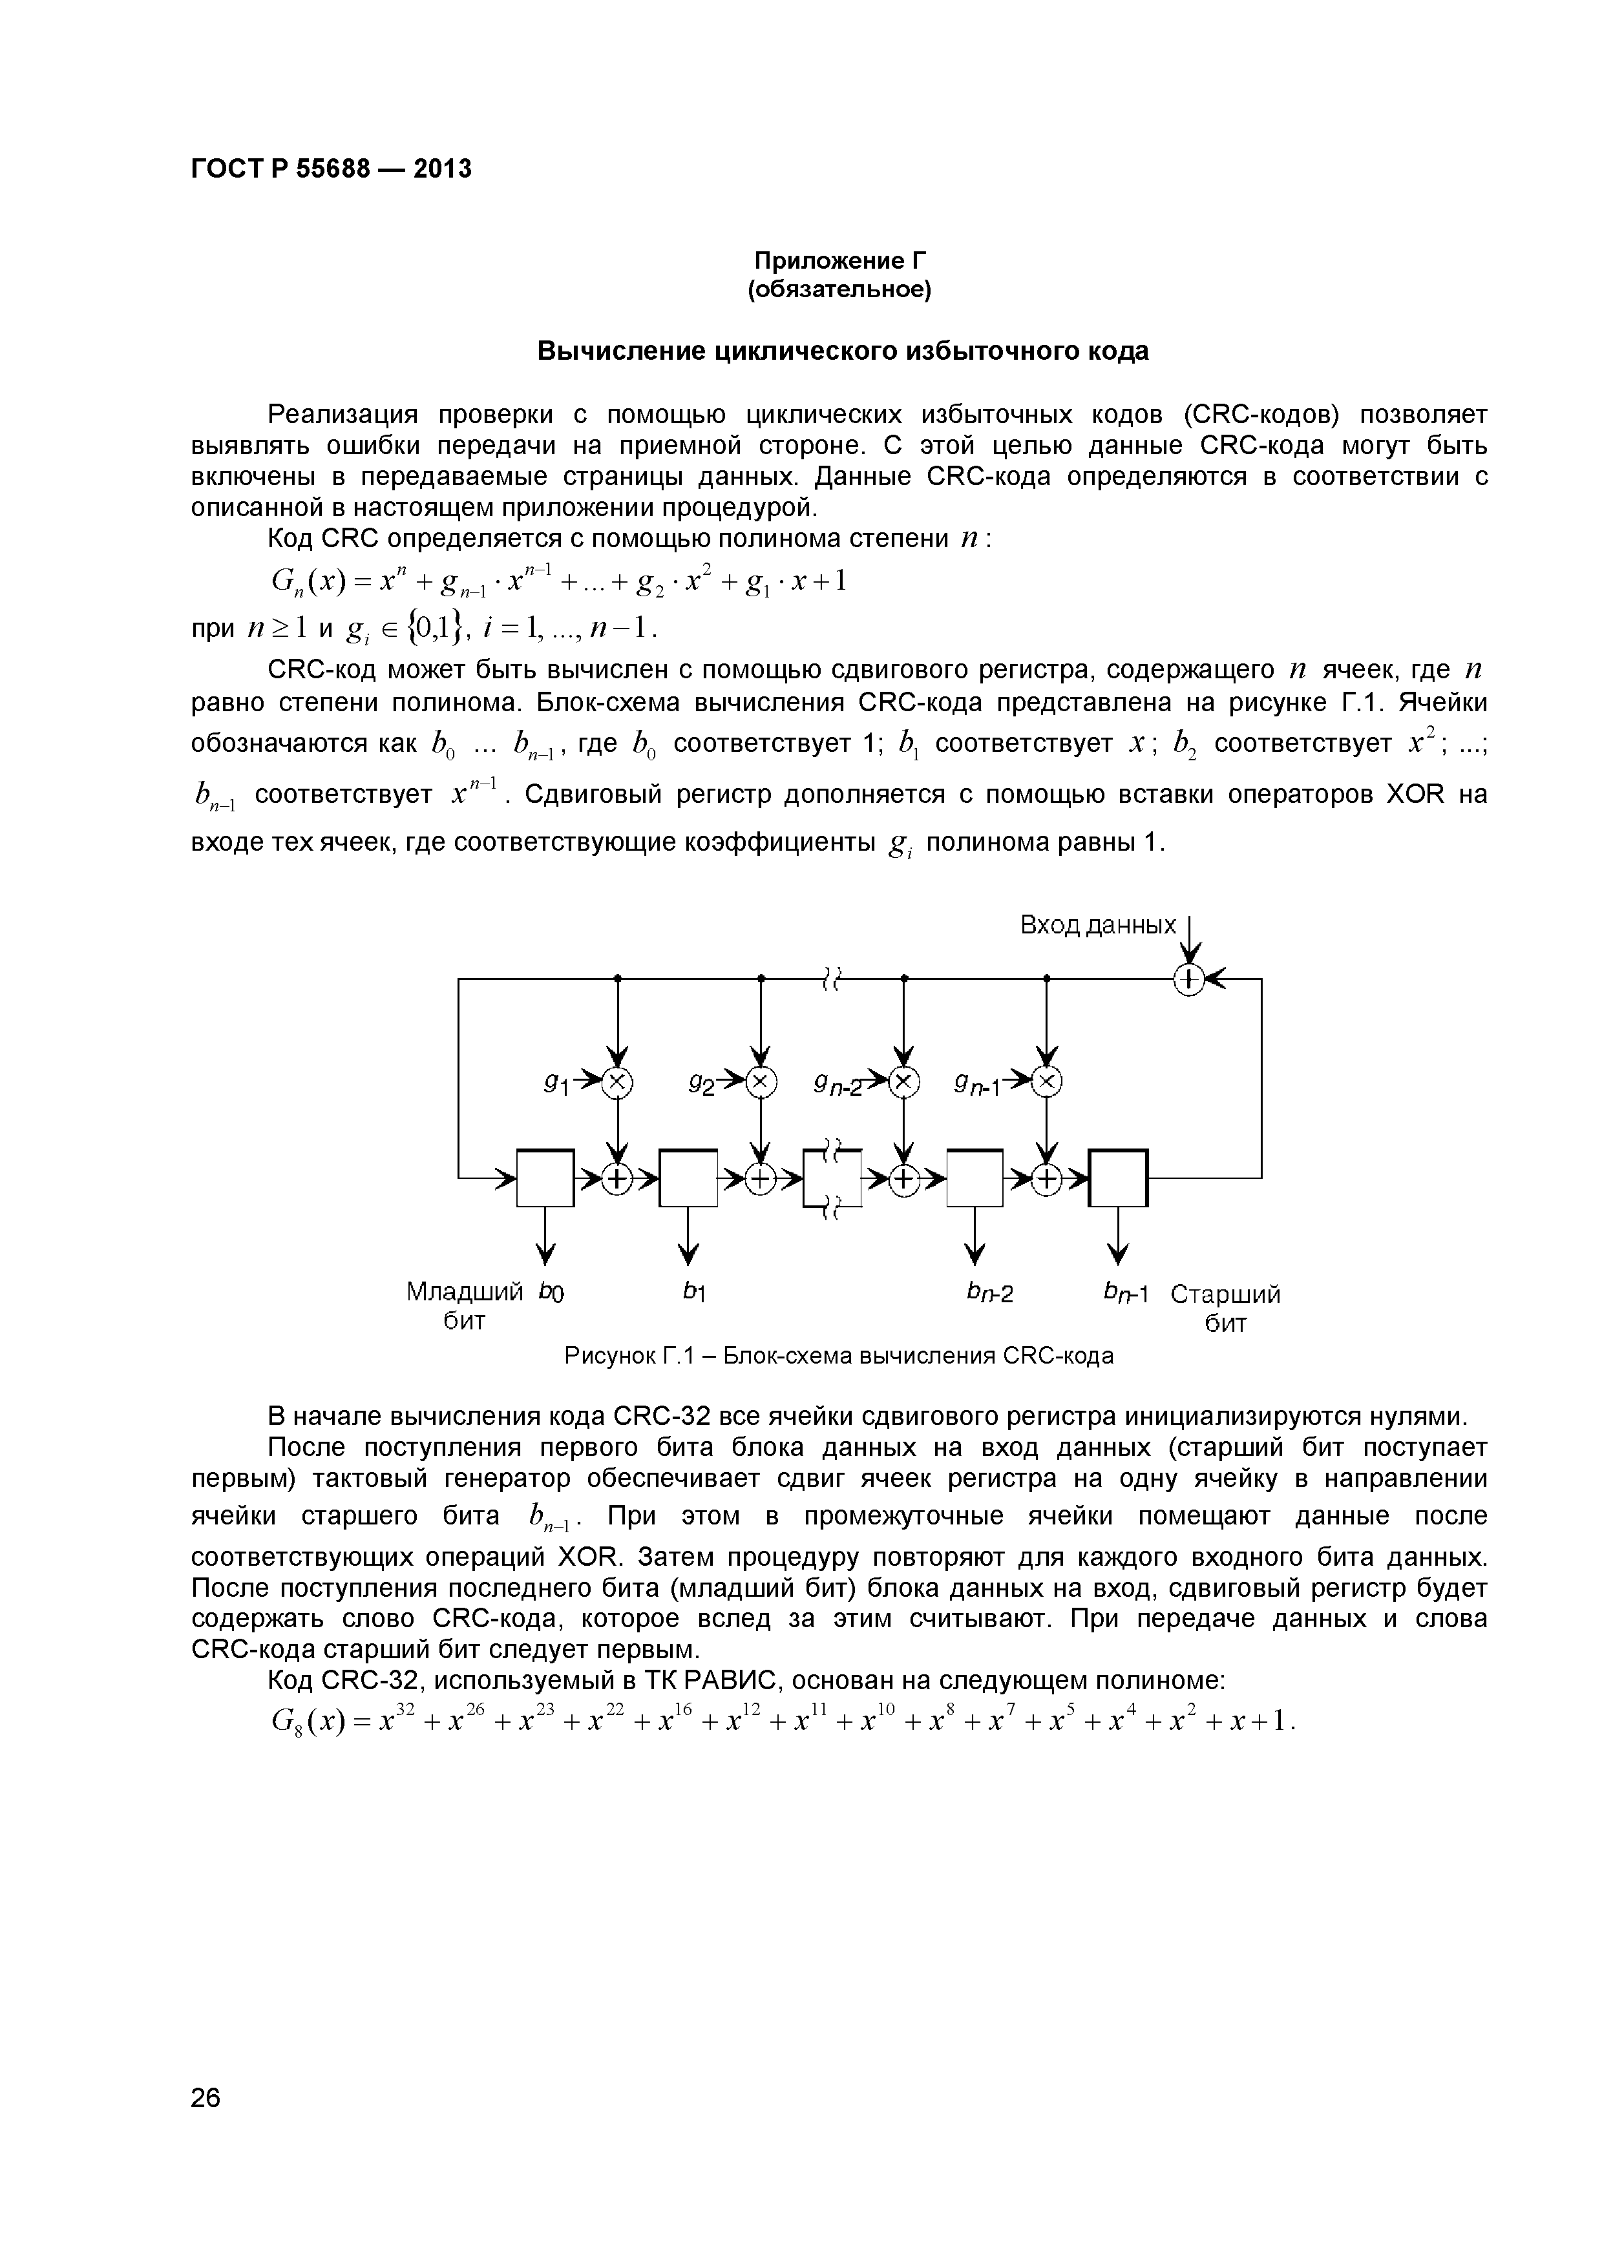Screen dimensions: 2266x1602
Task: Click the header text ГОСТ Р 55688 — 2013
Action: [331, 170]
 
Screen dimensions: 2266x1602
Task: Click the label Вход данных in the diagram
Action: [1097, 925]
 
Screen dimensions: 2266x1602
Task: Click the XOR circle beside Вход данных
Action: [1190, 979]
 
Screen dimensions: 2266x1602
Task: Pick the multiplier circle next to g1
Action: [618, 1083]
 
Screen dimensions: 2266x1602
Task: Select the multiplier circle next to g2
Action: [761, 1083]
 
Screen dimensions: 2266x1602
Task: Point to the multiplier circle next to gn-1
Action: [1048, 1083]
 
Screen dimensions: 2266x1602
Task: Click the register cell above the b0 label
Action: [545, 1178]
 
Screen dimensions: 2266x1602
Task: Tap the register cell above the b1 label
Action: [688, 1178]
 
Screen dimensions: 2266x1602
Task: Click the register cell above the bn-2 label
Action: [975, 1178]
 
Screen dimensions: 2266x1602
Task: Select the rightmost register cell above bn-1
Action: [1119, 1178]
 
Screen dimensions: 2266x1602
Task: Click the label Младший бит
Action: [464, 1305]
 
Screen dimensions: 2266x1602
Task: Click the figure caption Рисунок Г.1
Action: [838, 1356]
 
